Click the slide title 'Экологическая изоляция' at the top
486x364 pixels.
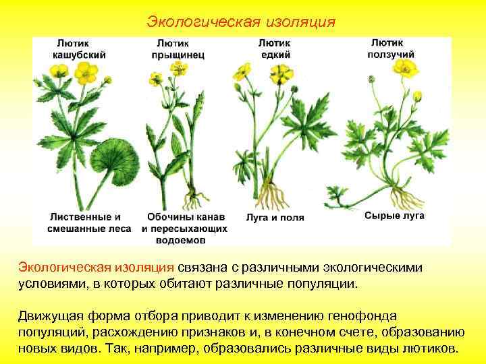[241, 22]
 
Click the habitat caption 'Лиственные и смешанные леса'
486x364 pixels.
[84, 223]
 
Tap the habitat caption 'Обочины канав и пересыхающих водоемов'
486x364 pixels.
[185, 229]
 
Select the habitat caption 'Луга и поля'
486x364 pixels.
[275, 218]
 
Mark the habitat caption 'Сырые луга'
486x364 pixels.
[394, 216]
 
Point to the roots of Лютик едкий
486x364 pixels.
[273, 195]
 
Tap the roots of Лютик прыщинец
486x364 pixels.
[194, 200]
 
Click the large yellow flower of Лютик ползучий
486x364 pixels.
[406, 67]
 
